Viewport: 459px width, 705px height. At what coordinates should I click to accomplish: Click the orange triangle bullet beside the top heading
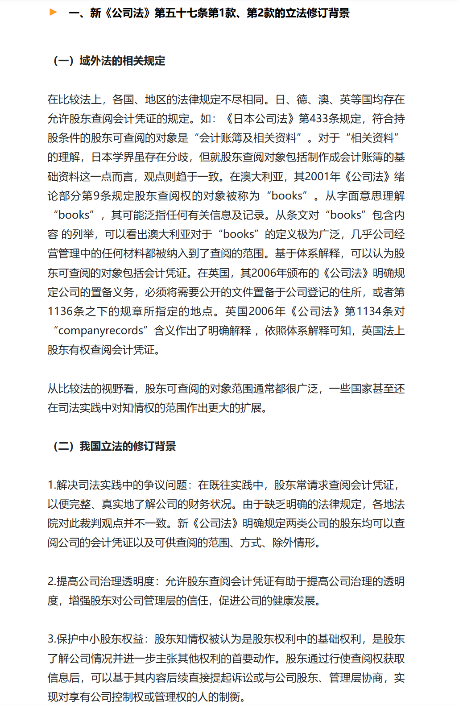click(x=53, y=12)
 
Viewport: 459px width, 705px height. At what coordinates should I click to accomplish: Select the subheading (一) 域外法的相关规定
click(x=109, y=61)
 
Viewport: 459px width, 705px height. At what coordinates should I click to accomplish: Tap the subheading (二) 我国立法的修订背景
click(x=115, y=446)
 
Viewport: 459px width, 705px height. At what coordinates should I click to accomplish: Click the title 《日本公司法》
click(x=261, y=119)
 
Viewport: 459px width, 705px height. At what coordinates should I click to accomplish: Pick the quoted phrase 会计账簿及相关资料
click(x=248, y=138)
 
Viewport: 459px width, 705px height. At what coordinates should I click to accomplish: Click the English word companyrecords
click(x=100, y=331)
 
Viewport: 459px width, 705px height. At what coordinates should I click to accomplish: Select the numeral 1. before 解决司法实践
click(x=51, y=485)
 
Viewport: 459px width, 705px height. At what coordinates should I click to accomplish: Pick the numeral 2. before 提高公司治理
click(x=51, y=581)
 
